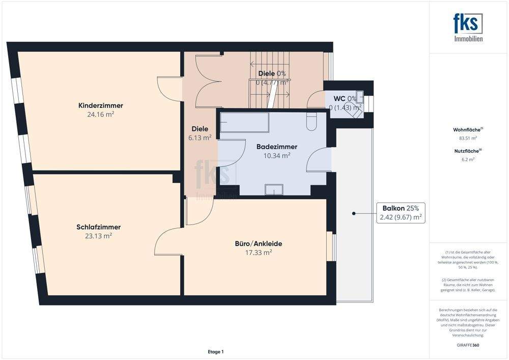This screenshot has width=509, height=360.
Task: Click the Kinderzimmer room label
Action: click(100, 105)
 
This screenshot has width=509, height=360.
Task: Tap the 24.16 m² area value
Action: click(100, 115)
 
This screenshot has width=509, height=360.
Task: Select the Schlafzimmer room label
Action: click(99, 227)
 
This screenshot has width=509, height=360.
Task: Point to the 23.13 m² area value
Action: click(99, 236)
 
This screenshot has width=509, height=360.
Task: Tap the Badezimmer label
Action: click(276, 147)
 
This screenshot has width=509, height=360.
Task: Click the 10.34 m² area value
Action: click(276, 155)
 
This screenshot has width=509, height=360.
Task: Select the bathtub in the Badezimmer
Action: click(244, 122)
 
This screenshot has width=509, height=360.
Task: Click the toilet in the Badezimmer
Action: click(311, 121)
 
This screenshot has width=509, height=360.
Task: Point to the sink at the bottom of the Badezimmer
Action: click(275, 190)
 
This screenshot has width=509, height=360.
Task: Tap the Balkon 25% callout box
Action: click(401, 213)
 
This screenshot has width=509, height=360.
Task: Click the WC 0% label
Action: click(345, 98)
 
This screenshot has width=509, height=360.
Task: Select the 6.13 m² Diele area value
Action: click(200, 137)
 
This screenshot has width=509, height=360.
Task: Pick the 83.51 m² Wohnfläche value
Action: click(468, 138)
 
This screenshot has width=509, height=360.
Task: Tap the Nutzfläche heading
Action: click(468, 151)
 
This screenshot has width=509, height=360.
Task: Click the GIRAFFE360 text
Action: click(468, 345)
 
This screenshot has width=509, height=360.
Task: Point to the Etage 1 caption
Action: click(215, 351)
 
